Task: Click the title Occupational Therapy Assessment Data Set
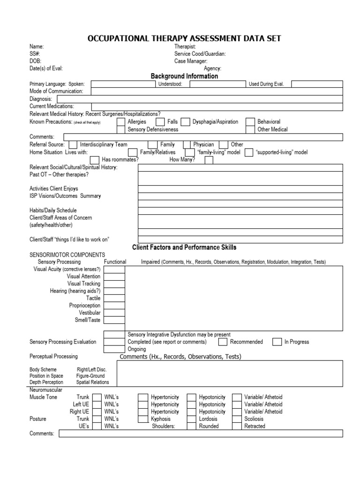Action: pos(184,38)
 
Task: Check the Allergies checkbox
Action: pos(120,122)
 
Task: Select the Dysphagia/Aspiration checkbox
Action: pos(186,122)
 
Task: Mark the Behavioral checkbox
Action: pos(250,122)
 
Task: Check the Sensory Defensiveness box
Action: pos(120,129)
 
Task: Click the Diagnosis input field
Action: pos(200,99)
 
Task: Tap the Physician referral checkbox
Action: pos(187,145)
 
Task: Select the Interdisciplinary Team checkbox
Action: pos(74,145)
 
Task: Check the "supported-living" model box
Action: pos(249,152)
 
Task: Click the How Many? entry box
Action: pos(209,160)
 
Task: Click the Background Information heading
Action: pos(184,76)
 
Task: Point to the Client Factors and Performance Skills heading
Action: pos(184,247)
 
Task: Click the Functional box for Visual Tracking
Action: pos(114,284)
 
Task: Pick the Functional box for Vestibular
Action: pos(114,313)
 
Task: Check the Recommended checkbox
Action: pos(223,342)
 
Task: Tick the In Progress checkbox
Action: pos(277,342)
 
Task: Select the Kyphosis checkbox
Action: pos(143,419)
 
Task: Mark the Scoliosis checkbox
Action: pos(237,419)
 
